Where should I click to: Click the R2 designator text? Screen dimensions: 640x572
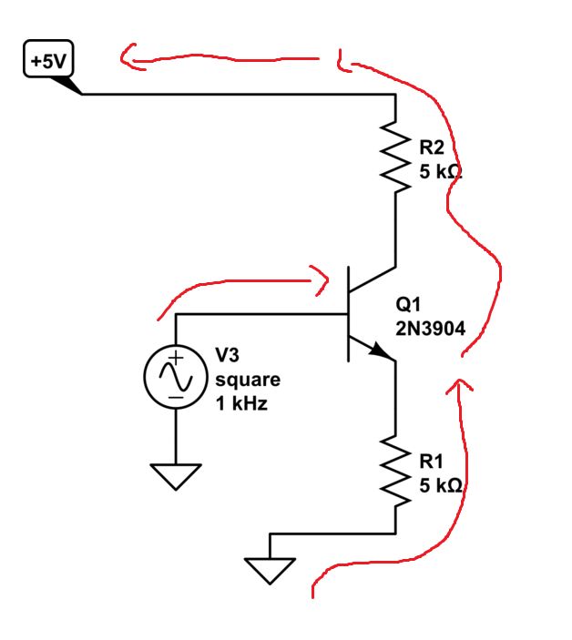coord(433,147)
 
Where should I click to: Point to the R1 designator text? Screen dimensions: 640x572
coord(433,462)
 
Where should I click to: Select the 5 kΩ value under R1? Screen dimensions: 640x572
coord(441,485)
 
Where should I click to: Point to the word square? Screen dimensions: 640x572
coord(247,379)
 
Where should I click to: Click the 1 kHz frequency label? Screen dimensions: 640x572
coord(241,402)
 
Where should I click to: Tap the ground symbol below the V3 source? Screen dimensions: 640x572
coord(175,475)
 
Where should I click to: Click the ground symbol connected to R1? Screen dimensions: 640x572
coord(271,569)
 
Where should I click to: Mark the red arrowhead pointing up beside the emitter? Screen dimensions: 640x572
coord(460,389)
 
